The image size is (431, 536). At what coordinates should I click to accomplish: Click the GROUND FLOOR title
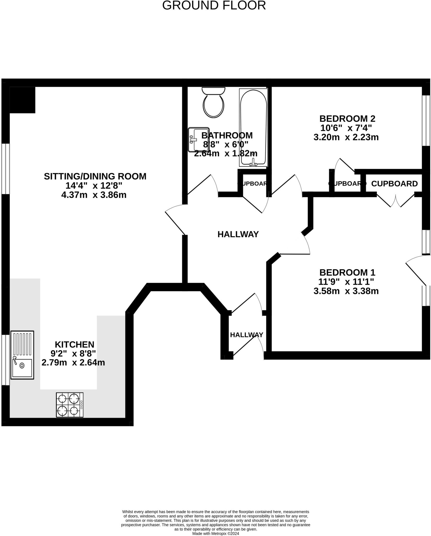tap(214, 5)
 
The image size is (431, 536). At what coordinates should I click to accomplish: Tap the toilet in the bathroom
tap(213, 103)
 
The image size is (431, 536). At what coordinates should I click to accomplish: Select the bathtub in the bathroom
tap(253, 127)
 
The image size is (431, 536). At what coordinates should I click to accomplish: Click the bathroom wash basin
tap(198, 139)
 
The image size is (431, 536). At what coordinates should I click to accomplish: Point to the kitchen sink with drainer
tap(22, 355)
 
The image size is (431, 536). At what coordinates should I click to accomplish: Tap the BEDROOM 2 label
tap(347, 119)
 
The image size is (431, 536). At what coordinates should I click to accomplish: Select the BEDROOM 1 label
tap(347, 272)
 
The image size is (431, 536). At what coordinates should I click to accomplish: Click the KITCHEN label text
tap(74, 344)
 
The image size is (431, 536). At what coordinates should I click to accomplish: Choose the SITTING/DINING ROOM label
tap(95, 176)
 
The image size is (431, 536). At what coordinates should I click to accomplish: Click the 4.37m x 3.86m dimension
tap(94, 195)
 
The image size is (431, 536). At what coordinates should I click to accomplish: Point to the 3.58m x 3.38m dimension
tap(346, 291)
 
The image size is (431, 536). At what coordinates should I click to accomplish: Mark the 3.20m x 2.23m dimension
tap(346, 137)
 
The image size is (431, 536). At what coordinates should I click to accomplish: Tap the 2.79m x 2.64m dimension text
tap(73, 362)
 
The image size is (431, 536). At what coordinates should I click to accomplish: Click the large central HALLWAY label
tap(238, 234)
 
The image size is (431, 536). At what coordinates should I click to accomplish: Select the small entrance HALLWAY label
tap(247, 335)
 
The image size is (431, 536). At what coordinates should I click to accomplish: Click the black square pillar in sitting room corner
tap(22, 100)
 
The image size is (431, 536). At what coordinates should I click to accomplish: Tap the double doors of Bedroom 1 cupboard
tap(395, 200)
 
